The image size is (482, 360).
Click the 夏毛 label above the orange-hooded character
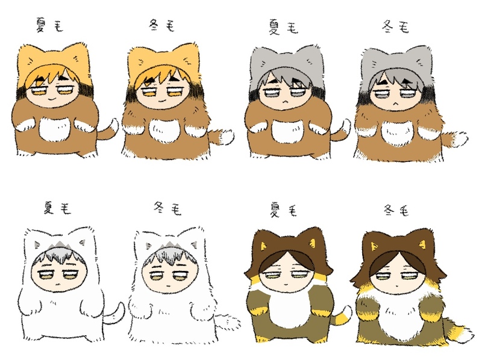point(49,25)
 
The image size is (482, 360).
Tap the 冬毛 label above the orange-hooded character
point(161,26)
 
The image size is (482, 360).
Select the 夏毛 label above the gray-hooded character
point(283,27)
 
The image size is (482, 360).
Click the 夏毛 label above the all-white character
point(57,208)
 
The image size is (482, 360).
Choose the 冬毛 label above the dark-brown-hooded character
point(396,211)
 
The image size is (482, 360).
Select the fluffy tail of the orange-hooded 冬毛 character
point(221,137)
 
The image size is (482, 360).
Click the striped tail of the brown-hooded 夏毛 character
point(342,317)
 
